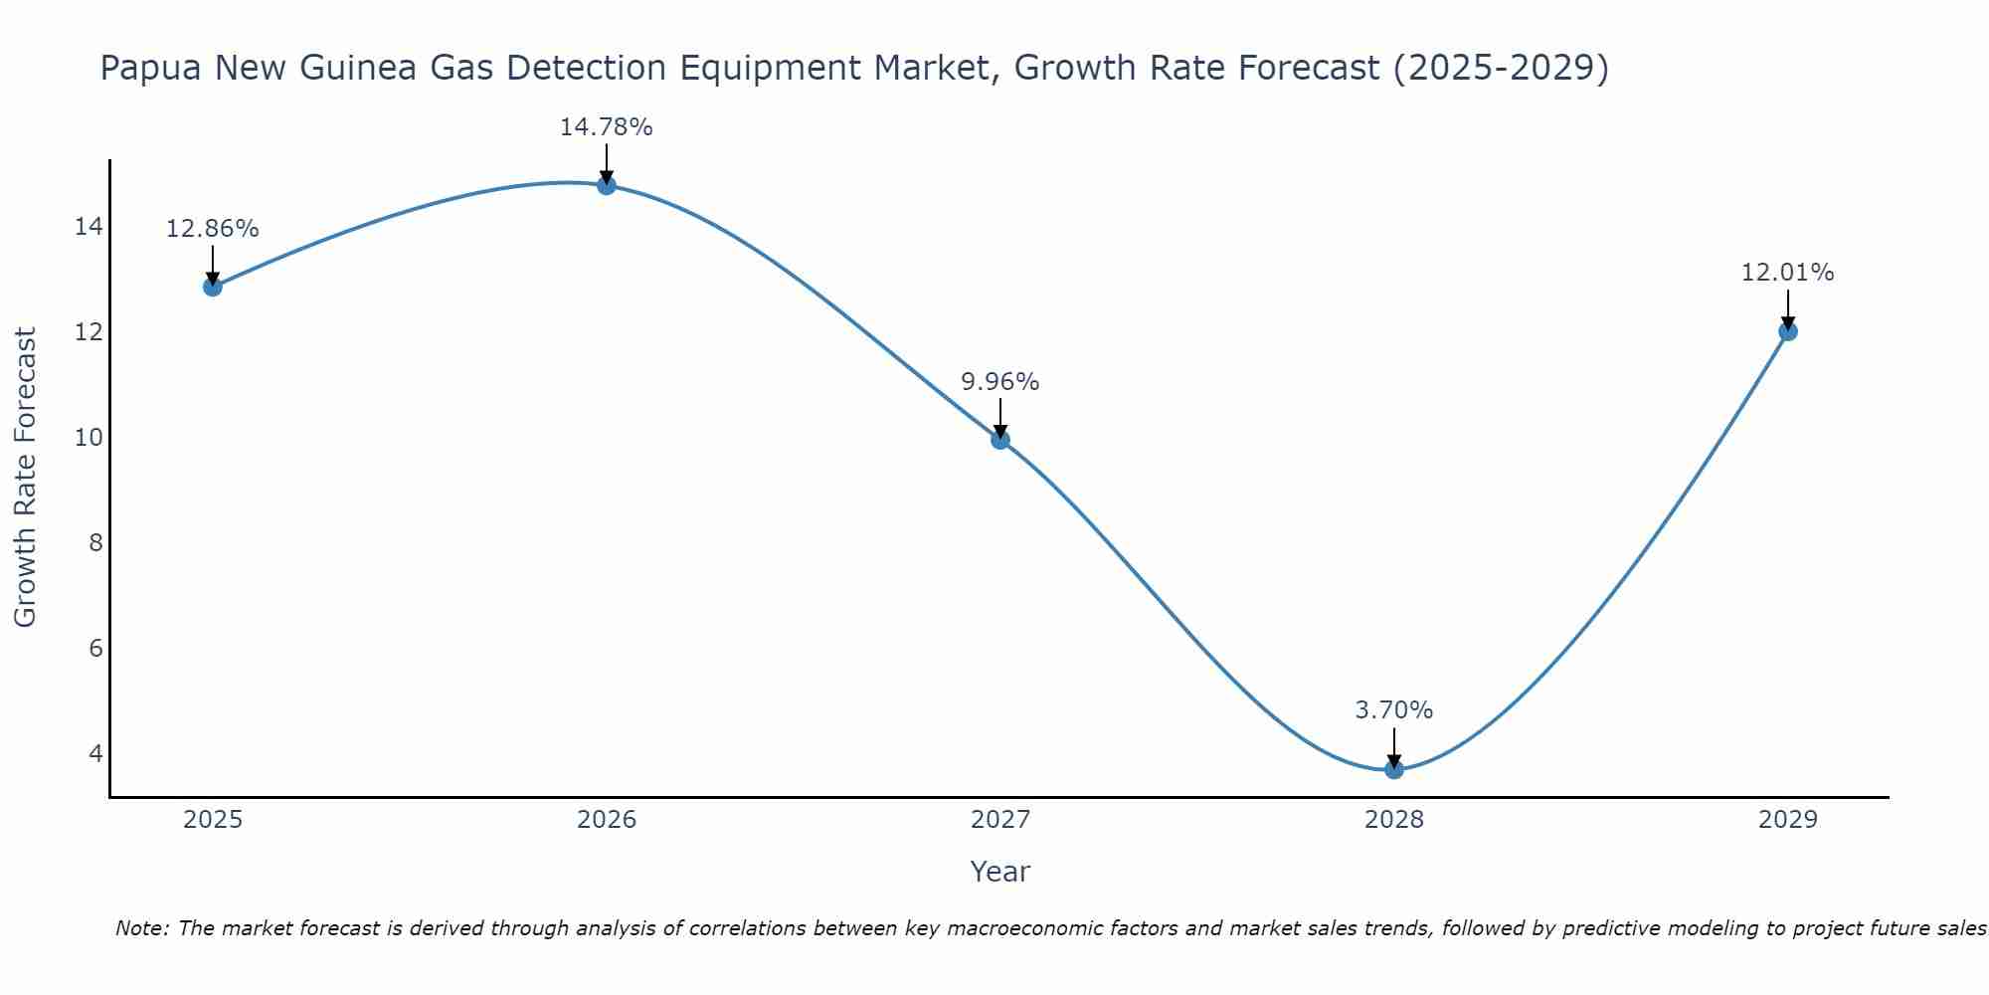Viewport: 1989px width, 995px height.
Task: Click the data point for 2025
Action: pyautogui.click(x=212, y=287)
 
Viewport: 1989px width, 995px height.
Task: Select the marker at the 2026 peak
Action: pyautogui.click(x=607, y=185)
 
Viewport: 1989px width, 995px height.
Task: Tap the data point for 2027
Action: pyautogui.click(x=1000, y=440)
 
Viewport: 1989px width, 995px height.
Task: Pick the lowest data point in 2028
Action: pyautogui.click(x=1394, y=769)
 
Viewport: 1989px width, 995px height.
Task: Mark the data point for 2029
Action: pyautogui.click(x=1788, y=331)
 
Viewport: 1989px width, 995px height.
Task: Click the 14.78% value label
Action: pyautogui.click(x=606, y=127)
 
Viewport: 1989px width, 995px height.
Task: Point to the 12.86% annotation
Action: pyautogui.click(x=212, y=229)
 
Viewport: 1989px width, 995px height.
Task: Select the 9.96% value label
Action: pyautogui.click(x=999, y=382)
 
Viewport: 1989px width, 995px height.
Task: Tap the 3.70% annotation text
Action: pyautogui.click(x=1393, y=710)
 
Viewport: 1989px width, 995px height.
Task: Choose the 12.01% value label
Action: pyautogui.click(x=1787, y=273)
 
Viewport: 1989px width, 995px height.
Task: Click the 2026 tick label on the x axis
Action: pyautogui.click(x=607, y=820)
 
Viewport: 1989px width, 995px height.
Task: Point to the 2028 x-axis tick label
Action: pyautogui.click(x=1394, y=820)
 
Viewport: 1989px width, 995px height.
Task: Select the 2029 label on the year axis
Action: pyautogui.click(x=1788, y=820)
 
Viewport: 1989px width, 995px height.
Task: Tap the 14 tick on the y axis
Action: pyautogui.click(x=89, y=227)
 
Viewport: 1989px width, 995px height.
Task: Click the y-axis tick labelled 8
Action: pyautogui.click(x=95, y=542)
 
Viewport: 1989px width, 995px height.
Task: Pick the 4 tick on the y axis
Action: pyautogui.click(x=95, y=753)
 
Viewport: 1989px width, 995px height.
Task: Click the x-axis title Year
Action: pyautogui.click(x=999, y=872)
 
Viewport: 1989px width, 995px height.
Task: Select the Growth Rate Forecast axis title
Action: pyautogui.click(x=25, y=478)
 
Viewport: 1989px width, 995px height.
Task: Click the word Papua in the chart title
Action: pyautogui.click(x=151, y=68)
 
